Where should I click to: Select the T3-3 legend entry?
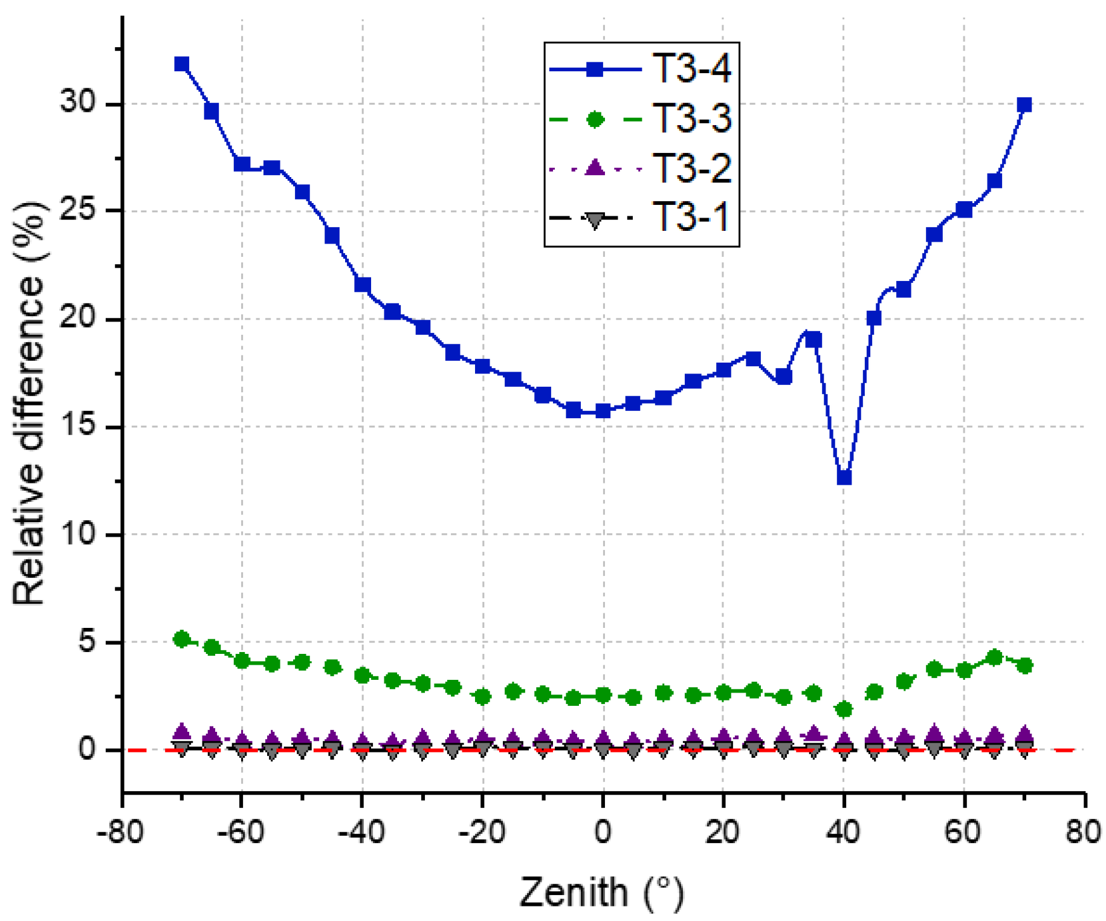tap(641, 118)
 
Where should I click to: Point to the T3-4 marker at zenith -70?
tap(181, 64)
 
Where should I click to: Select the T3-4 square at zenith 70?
tap(1024, 105)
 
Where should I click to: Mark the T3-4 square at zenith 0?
tap(603, 411)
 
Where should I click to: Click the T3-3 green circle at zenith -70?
tap(181, 639)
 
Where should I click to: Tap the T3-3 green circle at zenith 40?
tap(844, 709)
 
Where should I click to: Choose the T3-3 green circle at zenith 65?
tap(994, 657)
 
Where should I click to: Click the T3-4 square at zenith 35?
tap(813, 340)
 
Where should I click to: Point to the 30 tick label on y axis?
tap(79, 103)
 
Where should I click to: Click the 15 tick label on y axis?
tap(79, 426)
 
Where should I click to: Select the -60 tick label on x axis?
tap(241, 833)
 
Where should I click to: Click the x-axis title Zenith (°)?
tap(602, 892)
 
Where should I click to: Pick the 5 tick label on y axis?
tap(88, 642)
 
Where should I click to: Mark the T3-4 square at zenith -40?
tap(362, 285)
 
